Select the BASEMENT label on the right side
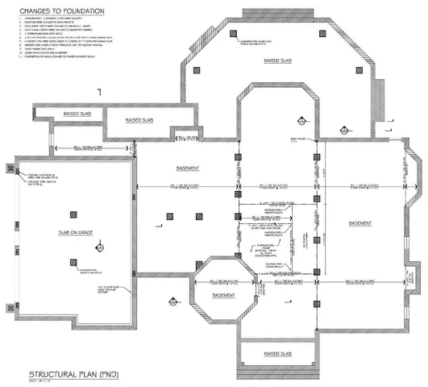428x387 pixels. coord(360,222)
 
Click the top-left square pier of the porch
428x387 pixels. coord(196,71)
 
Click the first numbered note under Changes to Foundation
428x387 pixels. coord(48,21)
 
